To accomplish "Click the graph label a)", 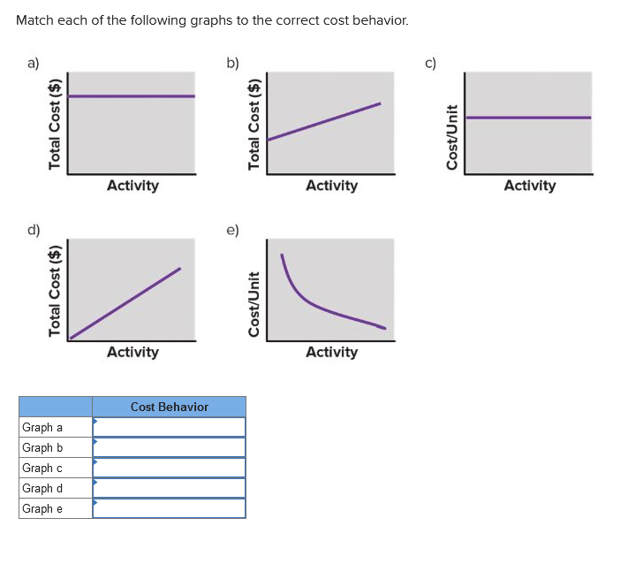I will pyautogui.click(x=33, y=62).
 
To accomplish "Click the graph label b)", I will pyautogui.click(x=231, y=62).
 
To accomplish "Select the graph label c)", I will pyautogui.click(x=430, y=62).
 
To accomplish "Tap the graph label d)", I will pyautogui.click(x=33, y=231).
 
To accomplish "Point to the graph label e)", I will pyautogui.click(x=231, y=231).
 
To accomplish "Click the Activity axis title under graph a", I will pyautogui.click(x=132, y=186).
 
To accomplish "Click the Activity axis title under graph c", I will pyautogui.click(x=530, y=186).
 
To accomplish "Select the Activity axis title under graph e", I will pyautogui.click(x=331, y=352).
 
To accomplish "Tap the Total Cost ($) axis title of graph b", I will pyautogui.click(x=254, y=122).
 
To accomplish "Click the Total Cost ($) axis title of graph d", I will pyautogui.click(x=56, y=290).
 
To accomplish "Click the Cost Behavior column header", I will pyautogui.click(x=169, y=407).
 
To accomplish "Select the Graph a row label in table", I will pyautogui.click(x=42, y=427).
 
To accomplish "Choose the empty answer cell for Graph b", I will pyautogui.click(x=169, y=447).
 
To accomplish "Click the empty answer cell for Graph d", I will pyautogui.click(x=169, y=488).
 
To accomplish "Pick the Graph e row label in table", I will pyautogui.click(x=42, y=508).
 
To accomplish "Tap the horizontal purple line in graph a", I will pyautogui.click(x=132, y=96).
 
